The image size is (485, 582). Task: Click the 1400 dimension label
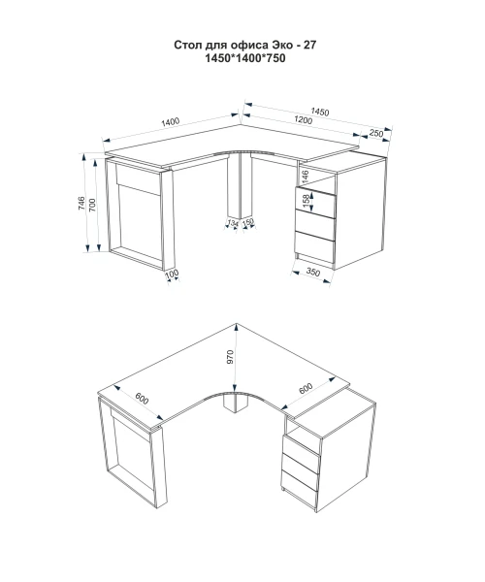(x=171, y=122)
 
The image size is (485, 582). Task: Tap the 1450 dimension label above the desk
(x=320, y=112)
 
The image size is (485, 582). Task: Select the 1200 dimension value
(x=304, y=120)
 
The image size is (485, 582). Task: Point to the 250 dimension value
(x=376, y=133)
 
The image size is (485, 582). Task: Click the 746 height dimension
(x=81, y=204)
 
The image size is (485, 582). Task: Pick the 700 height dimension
(x=92, y=205)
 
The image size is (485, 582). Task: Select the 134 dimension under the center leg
(x=232, y=223)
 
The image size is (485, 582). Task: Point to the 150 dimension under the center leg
(x=247, y=222)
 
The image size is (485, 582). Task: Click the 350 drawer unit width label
(x=312, y=273)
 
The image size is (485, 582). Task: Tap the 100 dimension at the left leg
(x=172, y=275)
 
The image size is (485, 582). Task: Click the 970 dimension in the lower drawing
(x=230, y=357)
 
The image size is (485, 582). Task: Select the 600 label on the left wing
(x=142, y=398)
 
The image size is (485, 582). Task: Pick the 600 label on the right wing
(x=306, y=389)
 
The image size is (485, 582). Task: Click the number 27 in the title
(x=309, y=45)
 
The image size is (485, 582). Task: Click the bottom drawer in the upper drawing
(x=314, y=247)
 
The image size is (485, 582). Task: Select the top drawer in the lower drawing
(x=301, y=445)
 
